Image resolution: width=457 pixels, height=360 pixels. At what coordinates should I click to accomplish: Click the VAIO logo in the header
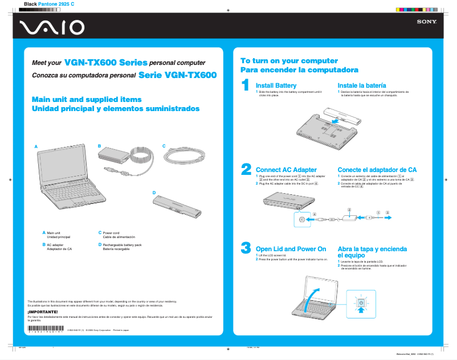[x=52, y=27]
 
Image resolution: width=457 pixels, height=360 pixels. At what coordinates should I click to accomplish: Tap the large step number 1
[x=245, y=85]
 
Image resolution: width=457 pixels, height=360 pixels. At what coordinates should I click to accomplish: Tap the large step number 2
[x=246, y=169]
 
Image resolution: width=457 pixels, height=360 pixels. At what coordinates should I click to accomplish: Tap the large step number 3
[x=246, y=248]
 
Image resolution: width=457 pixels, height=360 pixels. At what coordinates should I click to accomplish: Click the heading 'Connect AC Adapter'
[x=286, y=170]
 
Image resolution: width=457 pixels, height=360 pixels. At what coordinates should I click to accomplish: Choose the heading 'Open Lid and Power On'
[x=291, y=249]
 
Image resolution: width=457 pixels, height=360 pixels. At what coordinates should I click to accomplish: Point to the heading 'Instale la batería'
[x=362, y=85]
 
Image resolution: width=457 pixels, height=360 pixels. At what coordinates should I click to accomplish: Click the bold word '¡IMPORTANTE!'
[x=43, y=312]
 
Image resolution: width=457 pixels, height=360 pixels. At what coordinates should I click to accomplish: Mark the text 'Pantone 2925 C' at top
[x=56, y=4]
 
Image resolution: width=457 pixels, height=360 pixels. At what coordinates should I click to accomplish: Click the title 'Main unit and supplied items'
[x=87, y=99]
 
